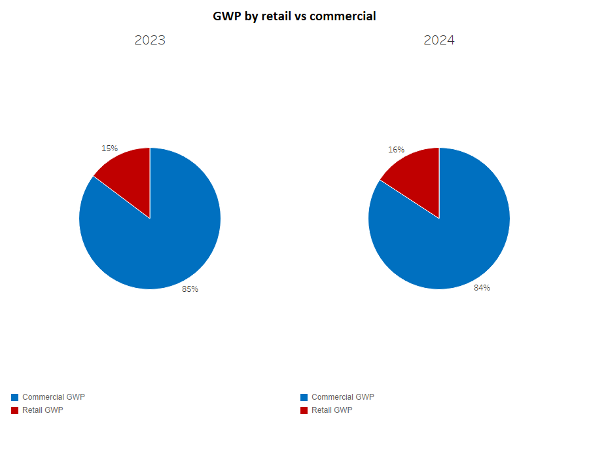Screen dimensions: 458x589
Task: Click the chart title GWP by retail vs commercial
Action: [294, 16]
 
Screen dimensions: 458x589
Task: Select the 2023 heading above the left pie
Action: [150, 40]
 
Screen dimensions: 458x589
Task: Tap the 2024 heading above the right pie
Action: [439, 40]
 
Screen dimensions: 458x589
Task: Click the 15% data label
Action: [109, 149]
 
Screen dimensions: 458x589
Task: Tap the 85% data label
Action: [190, 289]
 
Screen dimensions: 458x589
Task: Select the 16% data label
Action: [396, 150]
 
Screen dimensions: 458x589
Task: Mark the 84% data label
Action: [482, 288]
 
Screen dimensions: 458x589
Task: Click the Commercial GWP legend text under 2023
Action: [54, 397]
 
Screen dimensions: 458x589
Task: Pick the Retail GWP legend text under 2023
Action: [43, 410]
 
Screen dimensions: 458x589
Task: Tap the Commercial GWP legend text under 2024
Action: [343, 397]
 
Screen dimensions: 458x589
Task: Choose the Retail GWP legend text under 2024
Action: [332, 410]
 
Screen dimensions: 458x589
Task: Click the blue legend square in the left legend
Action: [15, 397]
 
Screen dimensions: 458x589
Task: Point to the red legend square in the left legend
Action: [15, 410]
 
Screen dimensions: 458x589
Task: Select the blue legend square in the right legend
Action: [304, 397]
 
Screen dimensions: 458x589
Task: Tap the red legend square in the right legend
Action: [304, 410]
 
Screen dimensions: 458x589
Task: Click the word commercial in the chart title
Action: [342, 16]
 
